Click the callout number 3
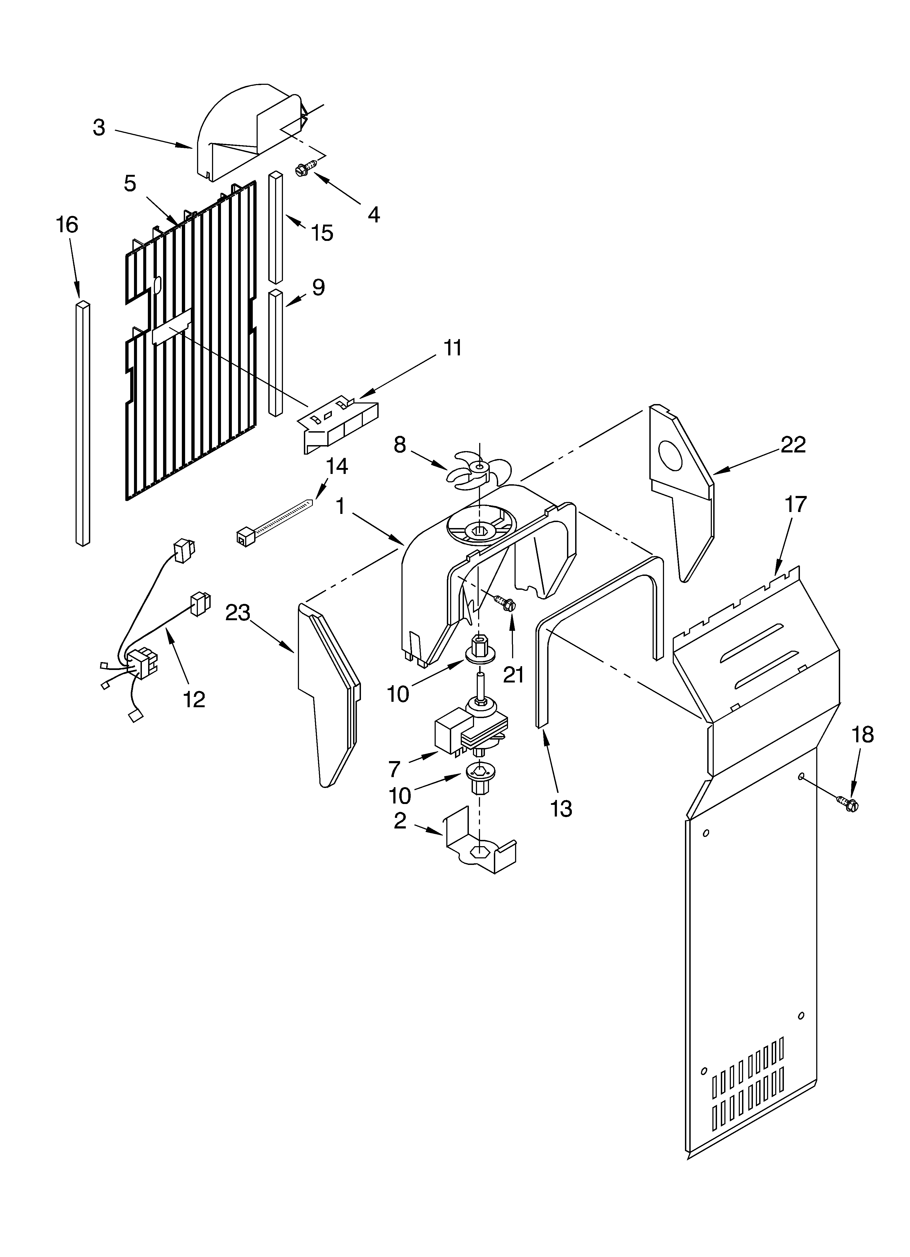pos(99,128)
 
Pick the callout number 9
pos(318,288)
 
